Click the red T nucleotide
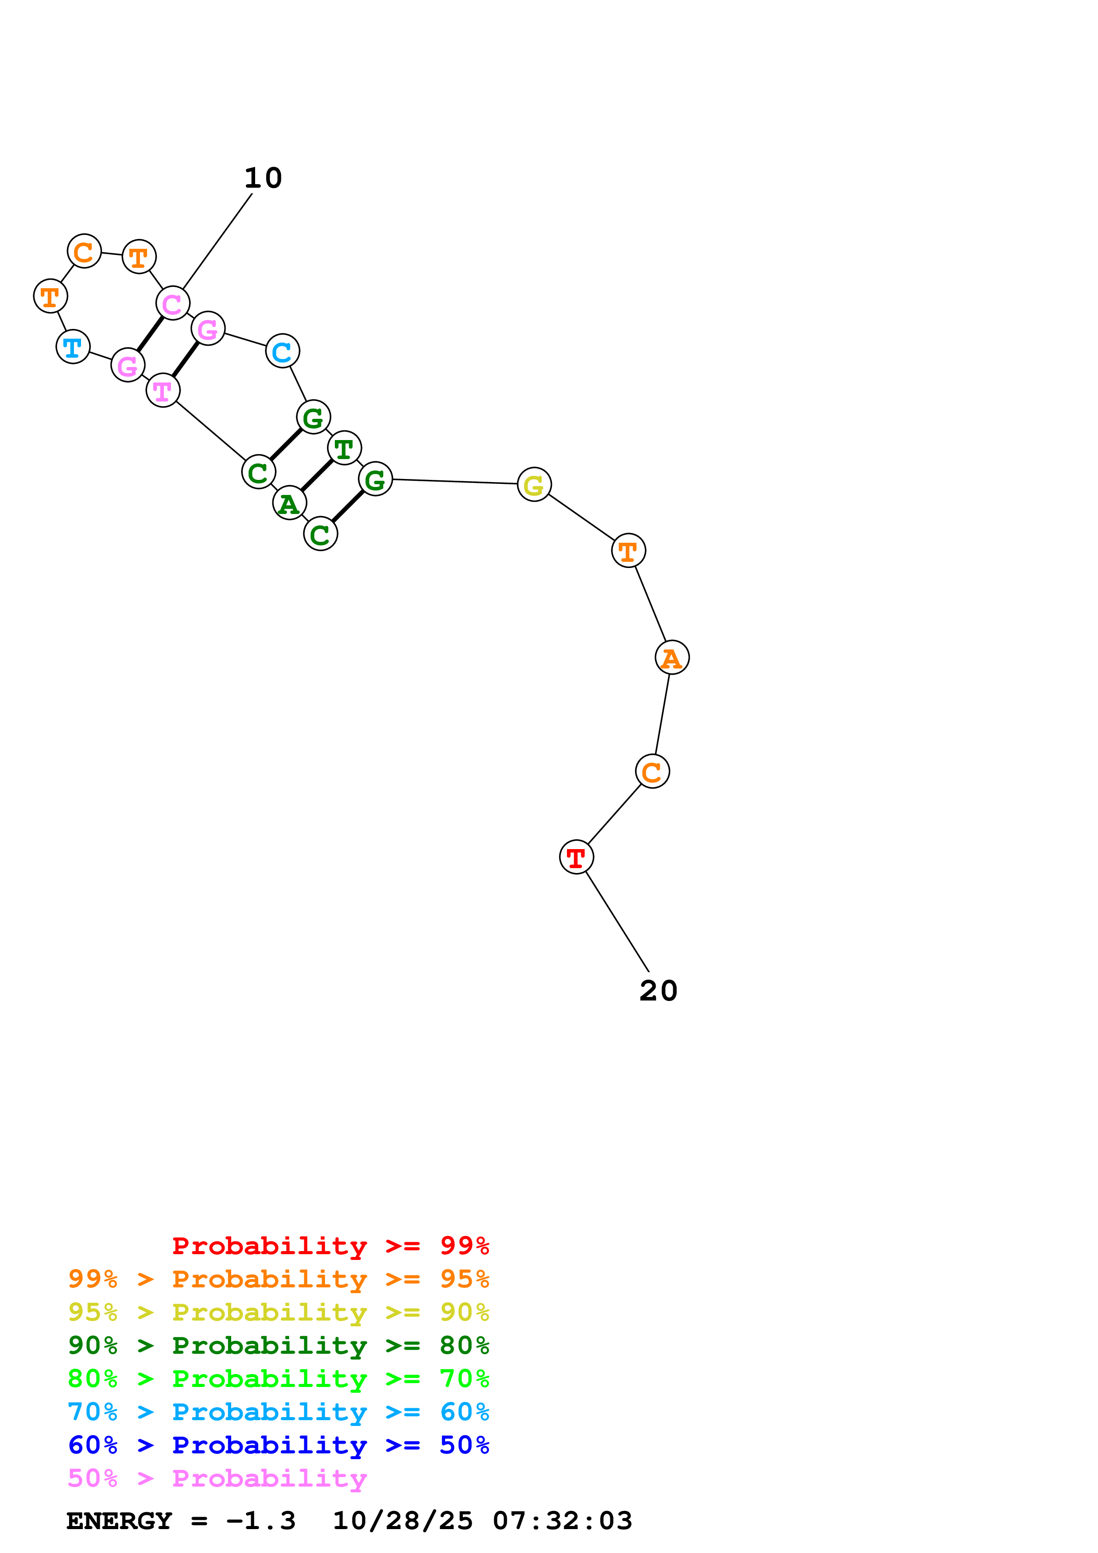click(x=576, y=857)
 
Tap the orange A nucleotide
click(x=672, y=657)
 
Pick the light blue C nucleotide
click(x=282, y=351)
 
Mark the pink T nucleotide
click(x=163, y=390)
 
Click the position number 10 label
click(x=263, y=178)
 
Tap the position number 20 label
click(x=658, y=991)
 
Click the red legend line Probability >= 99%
click(x=330, y=1245)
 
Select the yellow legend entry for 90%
click(x=278, y=1312)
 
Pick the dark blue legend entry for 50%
click(x=278, y=1445)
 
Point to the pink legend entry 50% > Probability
click(x=217, y=1478)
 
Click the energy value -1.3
click(x=261, y=1521)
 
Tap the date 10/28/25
click(x=403, y=1521)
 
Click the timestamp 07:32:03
click(x=562, y=1521)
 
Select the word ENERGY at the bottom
click(x=119, y=1521)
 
